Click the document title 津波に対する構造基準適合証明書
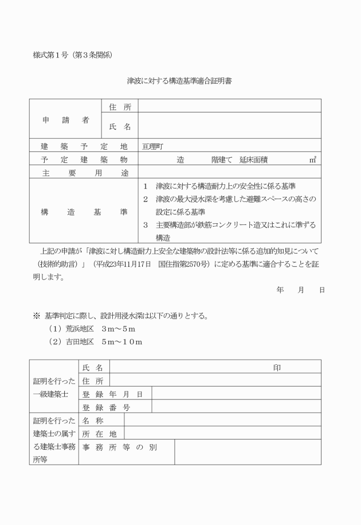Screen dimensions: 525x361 click(x=179, y=81)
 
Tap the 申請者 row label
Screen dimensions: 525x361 click(x=66, y=120)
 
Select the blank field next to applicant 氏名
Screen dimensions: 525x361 click(x=229, y=126)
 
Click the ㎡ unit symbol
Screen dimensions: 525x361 click(x=313, y=160)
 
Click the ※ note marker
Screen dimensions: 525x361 click(x=36, y=317)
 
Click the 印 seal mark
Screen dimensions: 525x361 click(x=277, y=367)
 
